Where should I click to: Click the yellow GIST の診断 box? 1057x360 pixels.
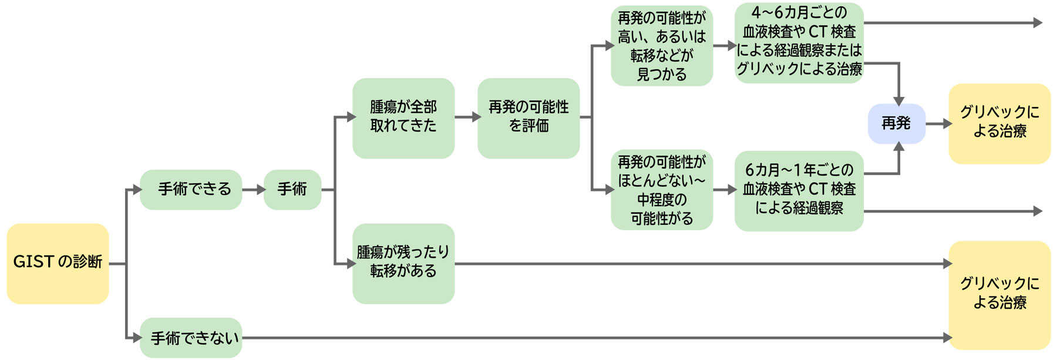pyautogui.click(x=58, y=263)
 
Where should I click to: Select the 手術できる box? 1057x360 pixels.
pyautogui.click(x=191, y=189)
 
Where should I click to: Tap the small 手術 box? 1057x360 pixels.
pyautogui.click(x=292, y=189)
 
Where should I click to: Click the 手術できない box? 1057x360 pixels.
pyautogui.click(x=191, y=338)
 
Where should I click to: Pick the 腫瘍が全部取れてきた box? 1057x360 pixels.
pyautogui.click(x=403, y=117)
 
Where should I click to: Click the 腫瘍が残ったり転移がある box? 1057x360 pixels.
pyautogui.click(x=403, y=263)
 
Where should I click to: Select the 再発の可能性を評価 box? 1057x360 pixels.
pyautogui.click(x=528, y=117)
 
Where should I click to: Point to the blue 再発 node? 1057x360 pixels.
pyautogui.click(x=896, y=123)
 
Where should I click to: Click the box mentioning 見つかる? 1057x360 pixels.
pyautogui.click(x=662, y=46)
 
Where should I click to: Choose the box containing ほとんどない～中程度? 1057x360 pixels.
pyautogui.click(x=662, y=189)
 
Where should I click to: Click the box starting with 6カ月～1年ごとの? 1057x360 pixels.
pyautogui.click(x=799, y=190)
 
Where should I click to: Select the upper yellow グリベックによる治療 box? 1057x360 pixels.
pyautogui.click(x=999, y=123)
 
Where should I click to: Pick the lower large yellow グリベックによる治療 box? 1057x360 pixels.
pyautogui.click(x=999, y=294)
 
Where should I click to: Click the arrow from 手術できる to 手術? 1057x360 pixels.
pyautogui.click(x=253, y=189)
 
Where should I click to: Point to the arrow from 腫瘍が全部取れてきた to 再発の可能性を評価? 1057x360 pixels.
pyautogui.click(x=466, y=117)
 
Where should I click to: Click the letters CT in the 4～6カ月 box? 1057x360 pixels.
pyautogui.click(x=817, y=32)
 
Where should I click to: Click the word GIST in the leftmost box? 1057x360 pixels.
pyautogui.click(x=33, y=262)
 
